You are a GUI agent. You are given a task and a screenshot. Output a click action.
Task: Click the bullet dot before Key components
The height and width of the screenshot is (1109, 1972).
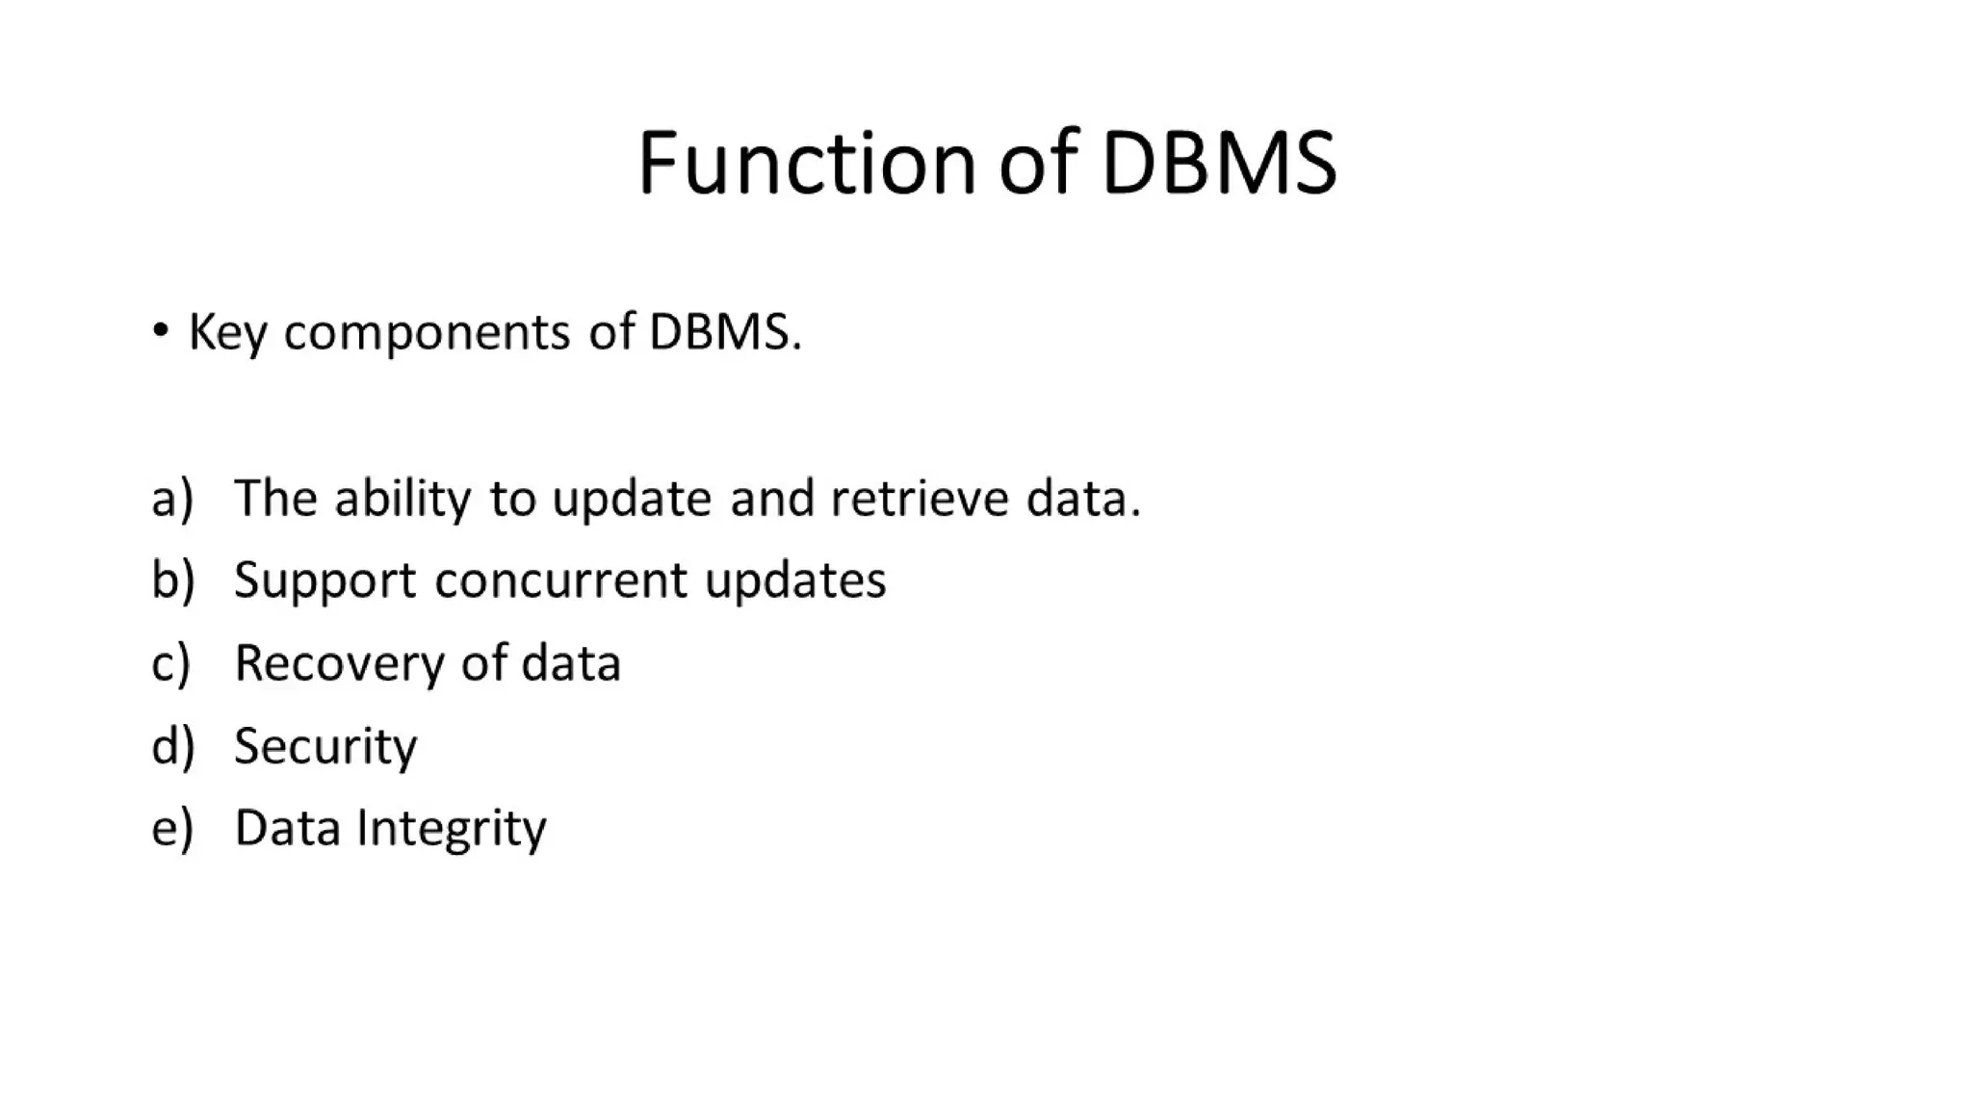click(161, 331)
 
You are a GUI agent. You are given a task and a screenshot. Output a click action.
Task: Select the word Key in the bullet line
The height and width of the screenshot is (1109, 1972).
click(227, 333)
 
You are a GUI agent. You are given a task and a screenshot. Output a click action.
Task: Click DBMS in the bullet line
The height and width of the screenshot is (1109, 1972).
click(724, 331)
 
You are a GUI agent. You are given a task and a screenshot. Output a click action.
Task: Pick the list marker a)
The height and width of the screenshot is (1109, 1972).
click(172, 499)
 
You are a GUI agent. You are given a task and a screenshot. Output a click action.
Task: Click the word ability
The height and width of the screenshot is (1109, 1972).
click(402, 499)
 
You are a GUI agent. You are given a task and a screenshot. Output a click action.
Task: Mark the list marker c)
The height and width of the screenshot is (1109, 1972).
click(171, 663)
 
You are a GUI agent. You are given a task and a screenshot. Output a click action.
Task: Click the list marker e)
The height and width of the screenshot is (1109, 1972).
click(172, 828)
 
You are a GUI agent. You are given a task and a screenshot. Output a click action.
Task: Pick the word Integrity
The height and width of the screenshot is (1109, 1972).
click(451, 829)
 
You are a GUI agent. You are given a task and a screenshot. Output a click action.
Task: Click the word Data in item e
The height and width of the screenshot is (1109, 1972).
click(287, 828)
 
